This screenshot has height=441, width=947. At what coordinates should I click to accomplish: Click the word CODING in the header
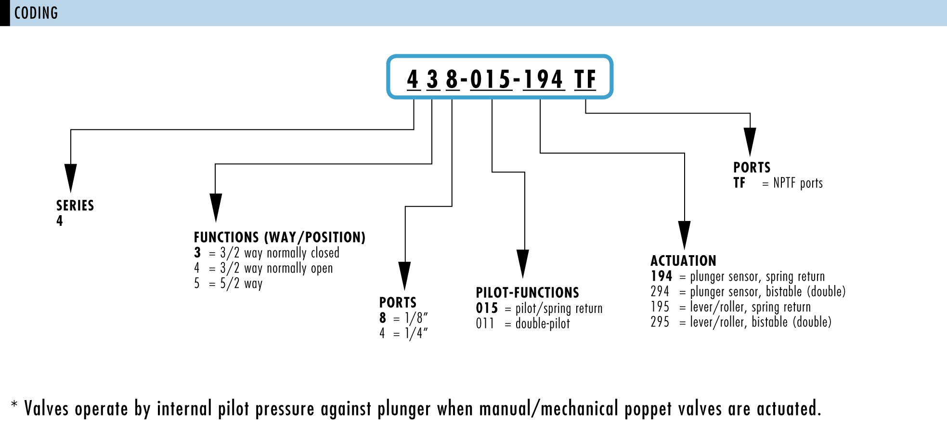click(x=36, y=13)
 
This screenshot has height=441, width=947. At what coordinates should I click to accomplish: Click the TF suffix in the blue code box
click(x=585, y=79)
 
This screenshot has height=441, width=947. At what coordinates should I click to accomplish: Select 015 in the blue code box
click(x=490, y=79)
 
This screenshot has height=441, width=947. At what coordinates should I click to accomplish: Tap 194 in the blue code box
click(x=543, y=79)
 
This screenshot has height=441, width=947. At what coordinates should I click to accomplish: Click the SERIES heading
click(x=75, y=206)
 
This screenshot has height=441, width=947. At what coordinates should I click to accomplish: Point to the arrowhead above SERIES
click(x=71, y=178)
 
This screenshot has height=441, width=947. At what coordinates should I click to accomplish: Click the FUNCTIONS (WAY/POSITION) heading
click(x=280, y=237)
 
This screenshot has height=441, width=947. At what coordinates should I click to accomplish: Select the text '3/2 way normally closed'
click(x=280, y=253)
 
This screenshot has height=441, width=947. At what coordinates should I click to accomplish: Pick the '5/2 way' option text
click(x=241, y=284)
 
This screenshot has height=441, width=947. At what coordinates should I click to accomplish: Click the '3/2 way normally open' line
click(x=276, y=268)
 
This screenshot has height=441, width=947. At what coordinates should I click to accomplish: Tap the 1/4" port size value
click(x=416, y=333)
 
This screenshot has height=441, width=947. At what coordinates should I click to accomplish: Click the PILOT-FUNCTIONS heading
click(x=527, y=293)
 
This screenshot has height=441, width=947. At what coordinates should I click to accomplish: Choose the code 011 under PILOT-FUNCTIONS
click(x=485, y=324)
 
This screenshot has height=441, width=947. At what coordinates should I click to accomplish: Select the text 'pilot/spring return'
click(x=559, y=308)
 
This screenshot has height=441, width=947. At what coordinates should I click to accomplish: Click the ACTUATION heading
click(x=683, y=261)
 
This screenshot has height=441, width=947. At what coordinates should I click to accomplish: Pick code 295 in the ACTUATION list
click(x=660, y=322)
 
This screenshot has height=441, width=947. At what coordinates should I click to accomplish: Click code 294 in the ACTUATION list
click(x=660, y=292)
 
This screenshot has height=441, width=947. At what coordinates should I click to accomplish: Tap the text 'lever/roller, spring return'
click(x=750, y=307)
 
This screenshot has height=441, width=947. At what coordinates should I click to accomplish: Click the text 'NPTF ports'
click(x=798, y=183)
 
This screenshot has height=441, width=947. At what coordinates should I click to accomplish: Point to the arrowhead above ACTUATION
click(x=684, y=234)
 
